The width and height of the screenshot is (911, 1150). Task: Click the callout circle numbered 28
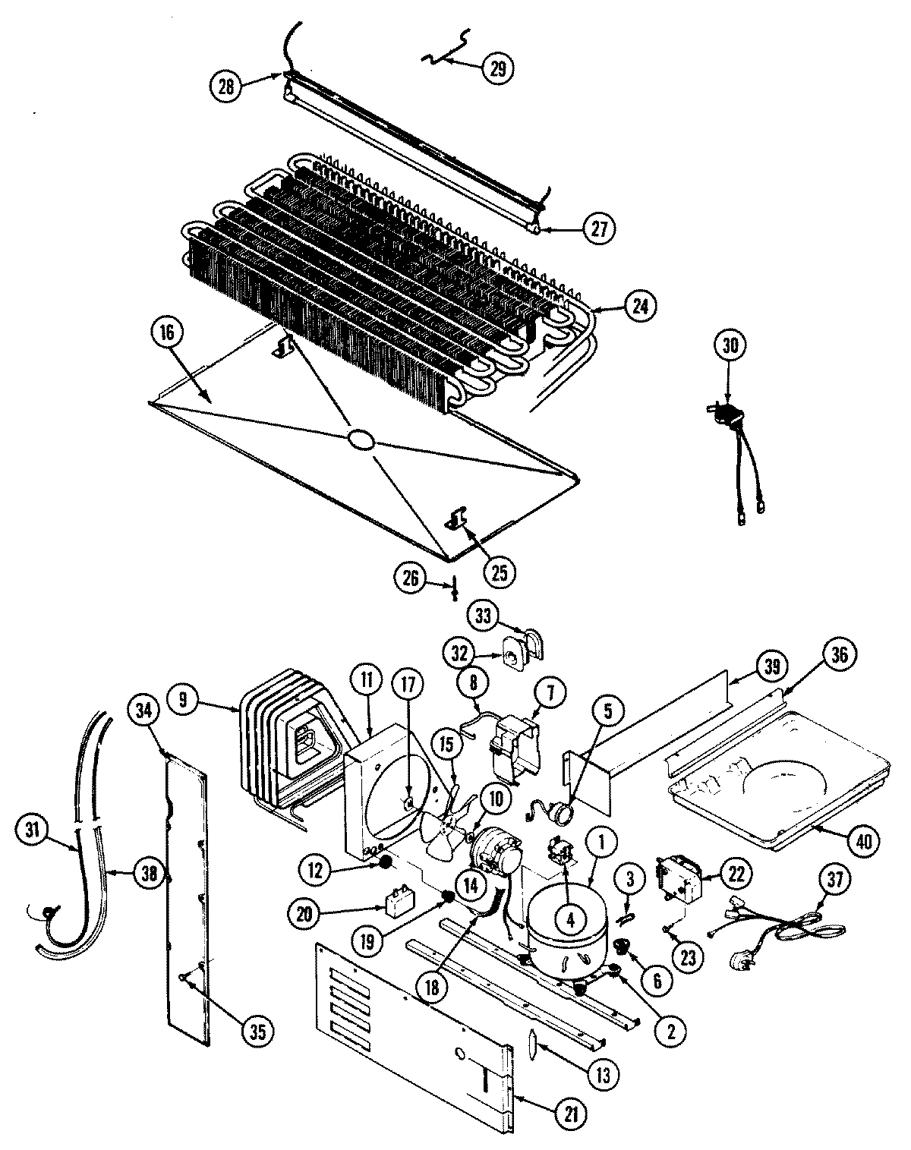(x=226, y=87)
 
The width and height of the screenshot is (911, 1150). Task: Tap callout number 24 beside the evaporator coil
(x=638, y=306)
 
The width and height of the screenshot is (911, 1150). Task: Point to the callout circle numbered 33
(x=484, y=615)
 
